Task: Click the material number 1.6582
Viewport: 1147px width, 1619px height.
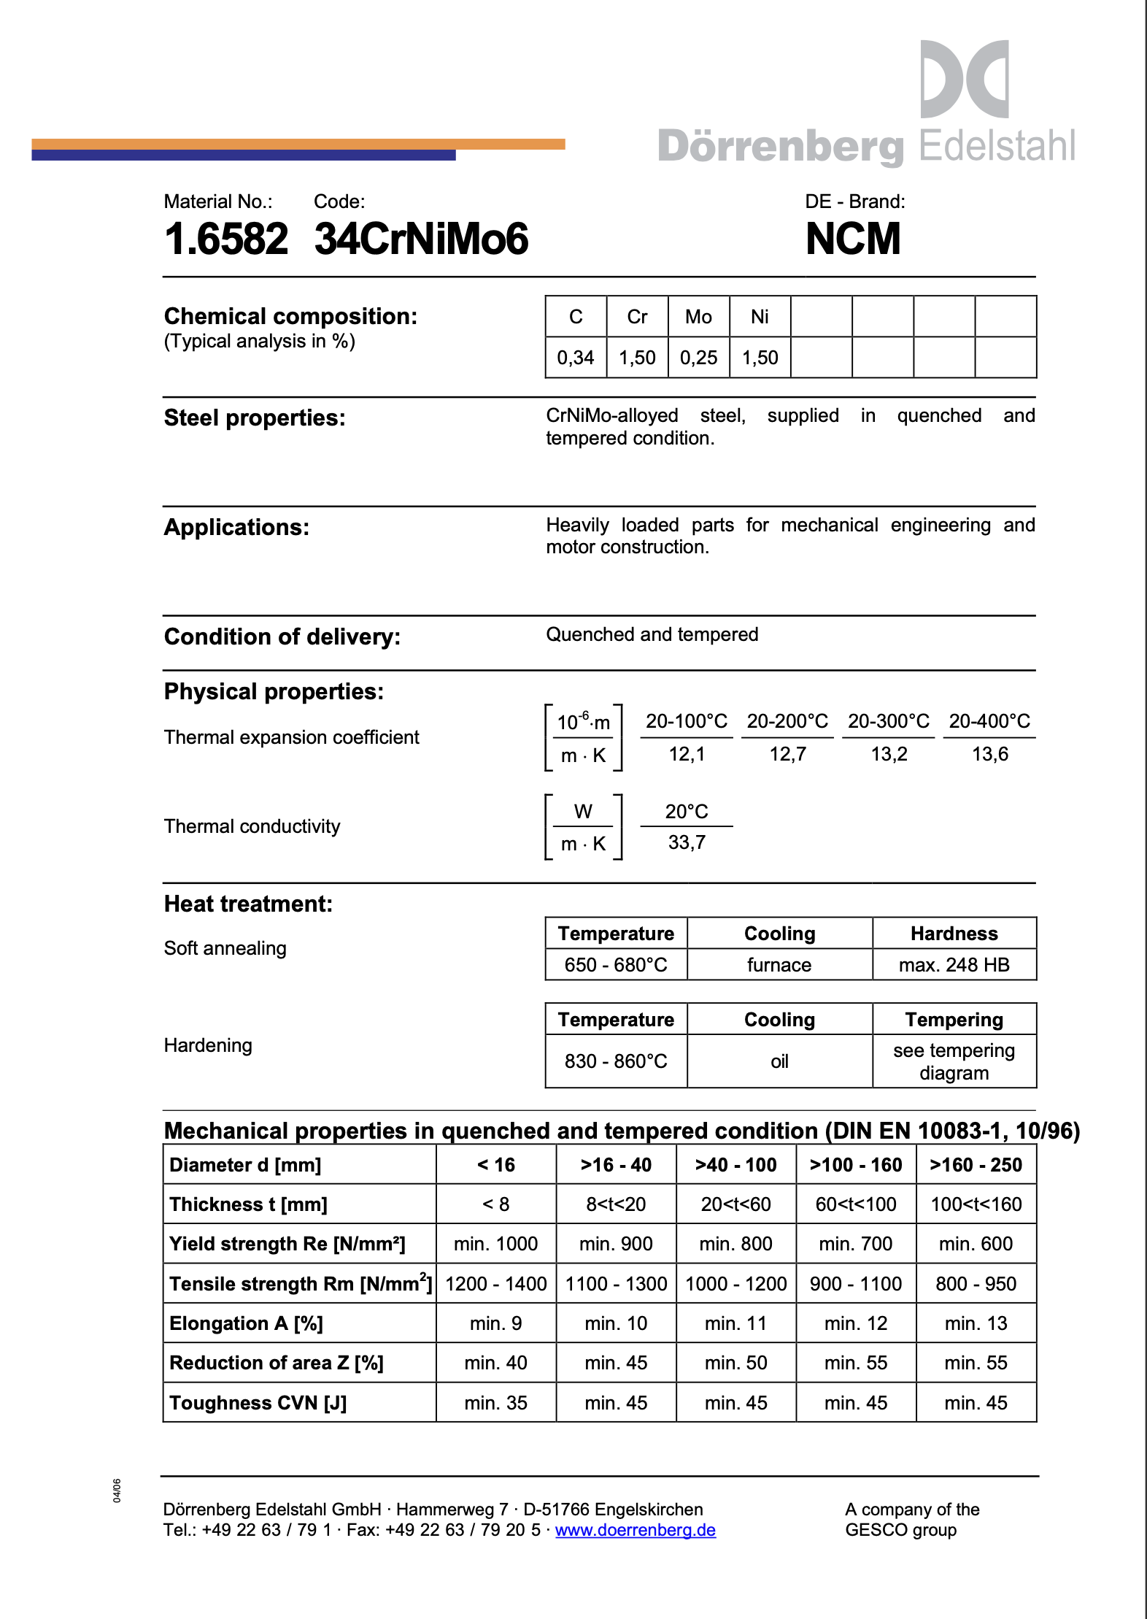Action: pos(226,239)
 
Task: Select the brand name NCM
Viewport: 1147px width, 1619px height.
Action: pos(853,239)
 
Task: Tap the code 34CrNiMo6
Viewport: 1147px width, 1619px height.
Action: pos(421,239)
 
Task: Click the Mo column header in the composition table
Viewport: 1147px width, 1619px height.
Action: pos(698,317)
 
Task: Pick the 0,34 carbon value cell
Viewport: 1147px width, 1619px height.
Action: pos(576,358)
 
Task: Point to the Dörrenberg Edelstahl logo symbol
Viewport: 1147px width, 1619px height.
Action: pos(964,79)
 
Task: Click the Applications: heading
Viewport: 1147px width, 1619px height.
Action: pos(236,527)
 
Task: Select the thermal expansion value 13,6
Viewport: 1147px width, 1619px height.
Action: pos(989,754)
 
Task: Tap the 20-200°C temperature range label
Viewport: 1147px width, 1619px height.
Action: pos(787,721)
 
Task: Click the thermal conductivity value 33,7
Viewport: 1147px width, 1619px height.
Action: pos(687,842)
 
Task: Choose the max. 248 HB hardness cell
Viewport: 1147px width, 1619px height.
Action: pos(954,965)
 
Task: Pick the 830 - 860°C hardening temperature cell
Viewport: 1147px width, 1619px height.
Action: pos(616,1061)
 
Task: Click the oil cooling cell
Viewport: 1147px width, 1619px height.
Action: pos(779,1061)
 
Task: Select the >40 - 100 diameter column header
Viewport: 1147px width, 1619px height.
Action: pos(735,1165)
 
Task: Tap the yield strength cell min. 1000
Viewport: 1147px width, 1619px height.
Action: pos(495,1244)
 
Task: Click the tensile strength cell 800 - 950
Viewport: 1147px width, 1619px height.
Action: pos(976,1284)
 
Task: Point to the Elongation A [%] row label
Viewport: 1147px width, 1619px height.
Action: pos(246,1323)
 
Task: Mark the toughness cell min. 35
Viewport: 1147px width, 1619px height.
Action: pos(495,1403)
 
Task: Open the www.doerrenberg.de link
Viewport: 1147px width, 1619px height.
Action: pos(635,1530)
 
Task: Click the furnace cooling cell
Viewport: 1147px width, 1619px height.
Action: pos(779,965)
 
